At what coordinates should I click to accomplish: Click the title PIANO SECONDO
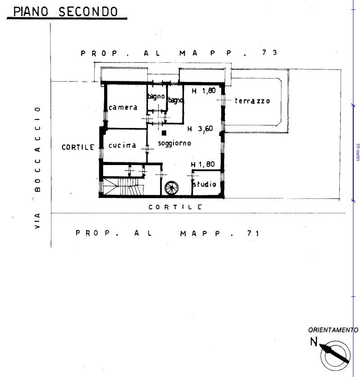click(65, 12)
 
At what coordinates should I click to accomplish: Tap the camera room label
click(123, 107)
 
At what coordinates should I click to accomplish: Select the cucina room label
click(122, 145)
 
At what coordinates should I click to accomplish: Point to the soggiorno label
click(175, 143)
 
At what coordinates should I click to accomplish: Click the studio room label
click(205, 184)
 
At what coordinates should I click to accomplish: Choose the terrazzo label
click(252, 101)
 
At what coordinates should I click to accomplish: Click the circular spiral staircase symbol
click(172, 188)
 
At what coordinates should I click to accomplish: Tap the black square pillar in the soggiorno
click(164, 133)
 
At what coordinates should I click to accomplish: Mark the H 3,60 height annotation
click(200, 129)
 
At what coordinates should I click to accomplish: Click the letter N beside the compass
click(314, 342)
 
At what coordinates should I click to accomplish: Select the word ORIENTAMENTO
click(333, 330)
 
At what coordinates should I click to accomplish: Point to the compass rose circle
click(336, 355)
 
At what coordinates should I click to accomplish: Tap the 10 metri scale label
click(358, 152)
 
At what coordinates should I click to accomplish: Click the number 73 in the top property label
click(270, 52)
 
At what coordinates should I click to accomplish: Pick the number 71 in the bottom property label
click(253, 233)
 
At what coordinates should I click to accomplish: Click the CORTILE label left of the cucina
click(78, 147)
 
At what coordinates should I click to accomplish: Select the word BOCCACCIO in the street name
click(37, 150)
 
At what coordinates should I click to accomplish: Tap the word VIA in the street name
click(37, 221)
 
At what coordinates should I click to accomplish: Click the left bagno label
click(156, 97)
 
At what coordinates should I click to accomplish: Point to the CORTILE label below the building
click(175, 207)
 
